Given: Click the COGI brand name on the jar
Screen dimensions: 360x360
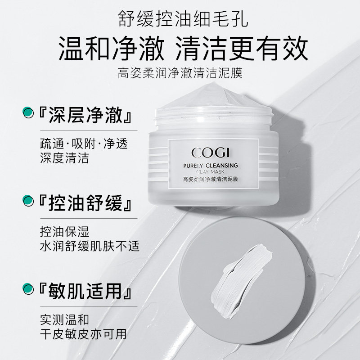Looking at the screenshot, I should [213, 153].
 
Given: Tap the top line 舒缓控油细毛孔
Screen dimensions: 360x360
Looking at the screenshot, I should [180, 19].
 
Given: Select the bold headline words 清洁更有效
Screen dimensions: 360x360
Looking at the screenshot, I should [252, 48].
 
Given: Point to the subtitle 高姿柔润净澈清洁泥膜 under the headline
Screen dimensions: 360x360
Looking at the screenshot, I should [180, 72].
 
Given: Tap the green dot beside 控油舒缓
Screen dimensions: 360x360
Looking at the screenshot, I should [28, 200].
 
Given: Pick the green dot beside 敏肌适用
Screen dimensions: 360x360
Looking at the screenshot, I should [28, 288].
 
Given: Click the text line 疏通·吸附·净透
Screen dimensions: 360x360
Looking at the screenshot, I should [84, 144].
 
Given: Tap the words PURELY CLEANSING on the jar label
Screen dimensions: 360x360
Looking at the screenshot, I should [213, 166].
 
